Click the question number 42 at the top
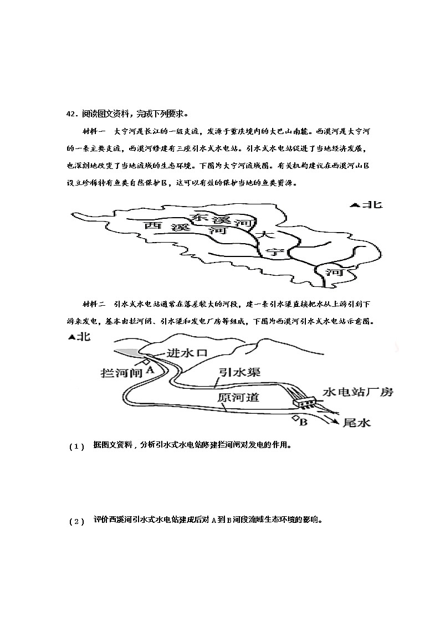[x=71, y=115]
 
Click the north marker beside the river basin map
[x=366, y=205]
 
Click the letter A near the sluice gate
[x=148, y=371]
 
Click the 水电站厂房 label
[x=358, y=393]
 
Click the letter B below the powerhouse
[x=303, y=423]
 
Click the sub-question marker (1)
[x=77, y=446]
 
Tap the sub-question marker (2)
[x=77, y=521]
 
